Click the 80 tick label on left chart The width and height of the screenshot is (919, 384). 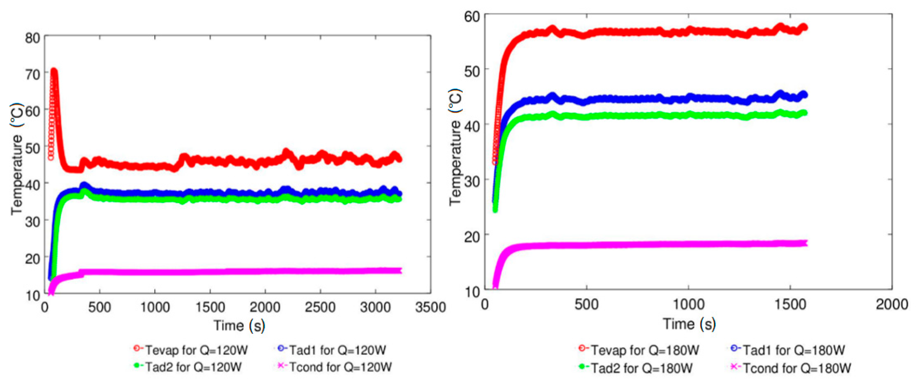[33, 38]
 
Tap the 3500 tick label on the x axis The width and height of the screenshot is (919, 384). [430, 307]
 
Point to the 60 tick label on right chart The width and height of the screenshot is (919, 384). [472, 17]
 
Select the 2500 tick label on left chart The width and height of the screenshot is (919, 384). [320, 307]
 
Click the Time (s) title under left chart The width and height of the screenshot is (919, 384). [239, 325]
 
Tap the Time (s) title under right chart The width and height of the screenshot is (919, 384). [689, 324]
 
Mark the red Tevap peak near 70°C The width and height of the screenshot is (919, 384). [54, 71]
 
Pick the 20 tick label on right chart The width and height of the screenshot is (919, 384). [472, 236]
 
